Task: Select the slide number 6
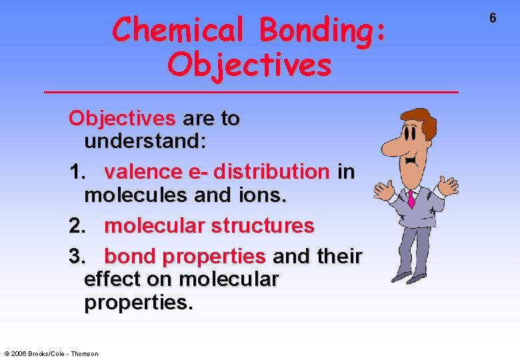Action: pyautogui.click(x=493, y=18)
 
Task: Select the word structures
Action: pyautogui.click(x=262, y=226)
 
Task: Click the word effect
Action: pyautogui.click(x=115, y=279)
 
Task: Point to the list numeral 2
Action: pyautogui.click(x=77, y=226)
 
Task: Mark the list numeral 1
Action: pyautogui.click(x=77, y=172)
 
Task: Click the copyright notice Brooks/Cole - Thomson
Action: pyautogui.click(x=51, y=353)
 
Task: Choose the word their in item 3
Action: pyautogui.click(x=339, y=256)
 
